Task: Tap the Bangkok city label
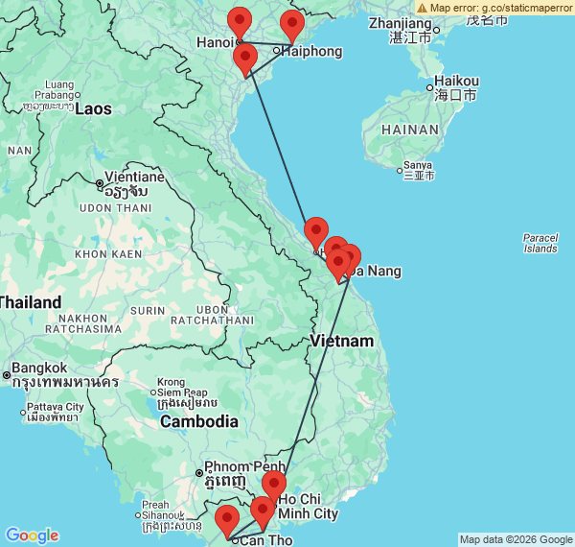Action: coord(40,368)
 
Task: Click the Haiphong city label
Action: coord(310,51)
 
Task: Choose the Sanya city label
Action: coord(418,165)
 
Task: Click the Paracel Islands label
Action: coord(540,243)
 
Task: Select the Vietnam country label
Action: coord(341,342)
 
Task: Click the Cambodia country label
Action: coord(198,421)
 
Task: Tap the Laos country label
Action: coord(94,108)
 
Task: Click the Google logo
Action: coord(32,535)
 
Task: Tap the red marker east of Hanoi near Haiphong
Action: coord(291,26)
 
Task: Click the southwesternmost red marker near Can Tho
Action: coord(227,520)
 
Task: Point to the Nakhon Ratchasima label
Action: coord(97,322)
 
